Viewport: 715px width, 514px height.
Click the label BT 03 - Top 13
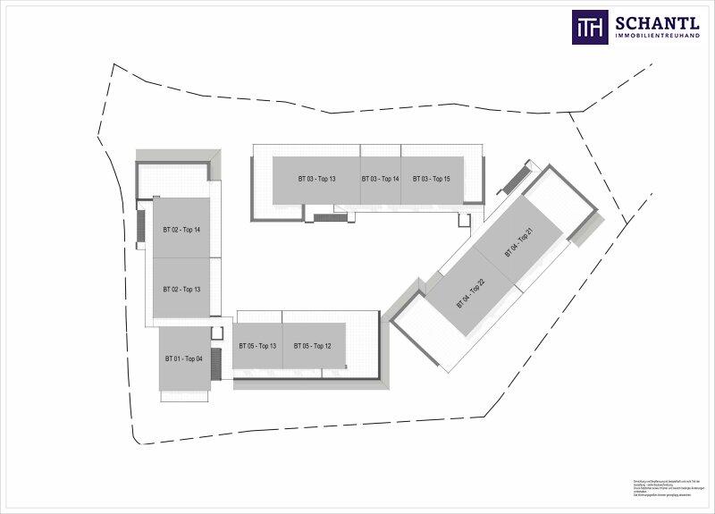pyautogui.click(x=317, y=179)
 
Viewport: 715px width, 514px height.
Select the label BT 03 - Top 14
pyautogui.click(x=380, y=179)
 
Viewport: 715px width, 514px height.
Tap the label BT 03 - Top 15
pyautogui.click(x=432, y=179)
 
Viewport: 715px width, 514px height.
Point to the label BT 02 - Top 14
pyautogui.click(x=181, y=230)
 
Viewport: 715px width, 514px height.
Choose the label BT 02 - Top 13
pyautogui.click(x=181, y=290)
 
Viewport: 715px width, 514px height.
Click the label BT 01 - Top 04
pyautogui.click(x=183, y=358)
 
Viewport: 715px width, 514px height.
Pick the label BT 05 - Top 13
pyautogui.click(x=257, y=346)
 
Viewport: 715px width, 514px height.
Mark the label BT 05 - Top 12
pyautogui.click(x=313, y=346)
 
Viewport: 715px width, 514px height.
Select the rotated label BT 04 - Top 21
pyautogui.click(x=519, y=243)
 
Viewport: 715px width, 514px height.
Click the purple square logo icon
pyautogui.click(x=590, y=27)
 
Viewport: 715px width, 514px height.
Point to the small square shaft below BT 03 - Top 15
pyautogui.click(x=463, y=219)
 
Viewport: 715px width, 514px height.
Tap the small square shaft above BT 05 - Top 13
pyautogui.click(x=216, y=333)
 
